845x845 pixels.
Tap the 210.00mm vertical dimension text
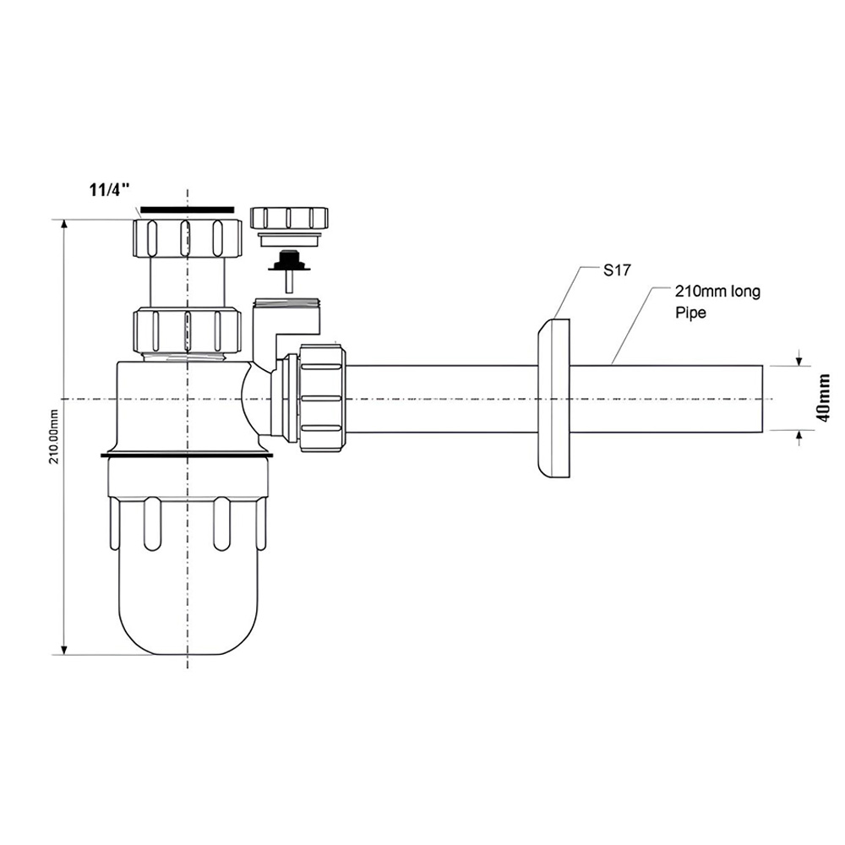(x=54, y=437)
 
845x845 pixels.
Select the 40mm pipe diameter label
(x=824, y=398)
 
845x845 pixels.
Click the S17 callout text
(x=616, y=270)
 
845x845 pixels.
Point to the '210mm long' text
(x=717, y=292)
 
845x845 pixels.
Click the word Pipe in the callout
(x=691, y=312)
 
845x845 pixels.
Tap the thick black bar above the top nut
(x=187, y=209)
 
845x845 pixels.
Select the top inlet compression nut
(x=187, y=237)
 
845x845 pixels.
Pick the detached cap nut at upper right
(x=289, y=218)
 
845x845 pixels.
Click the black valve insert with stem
(x=290, y=267)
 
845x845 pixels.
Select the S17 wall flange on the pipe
(x=553, y=398)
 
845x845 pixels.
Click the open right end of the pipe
(x=762, y=399)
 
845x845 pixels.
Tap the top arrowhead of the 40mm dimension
(x=799, y=359)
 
